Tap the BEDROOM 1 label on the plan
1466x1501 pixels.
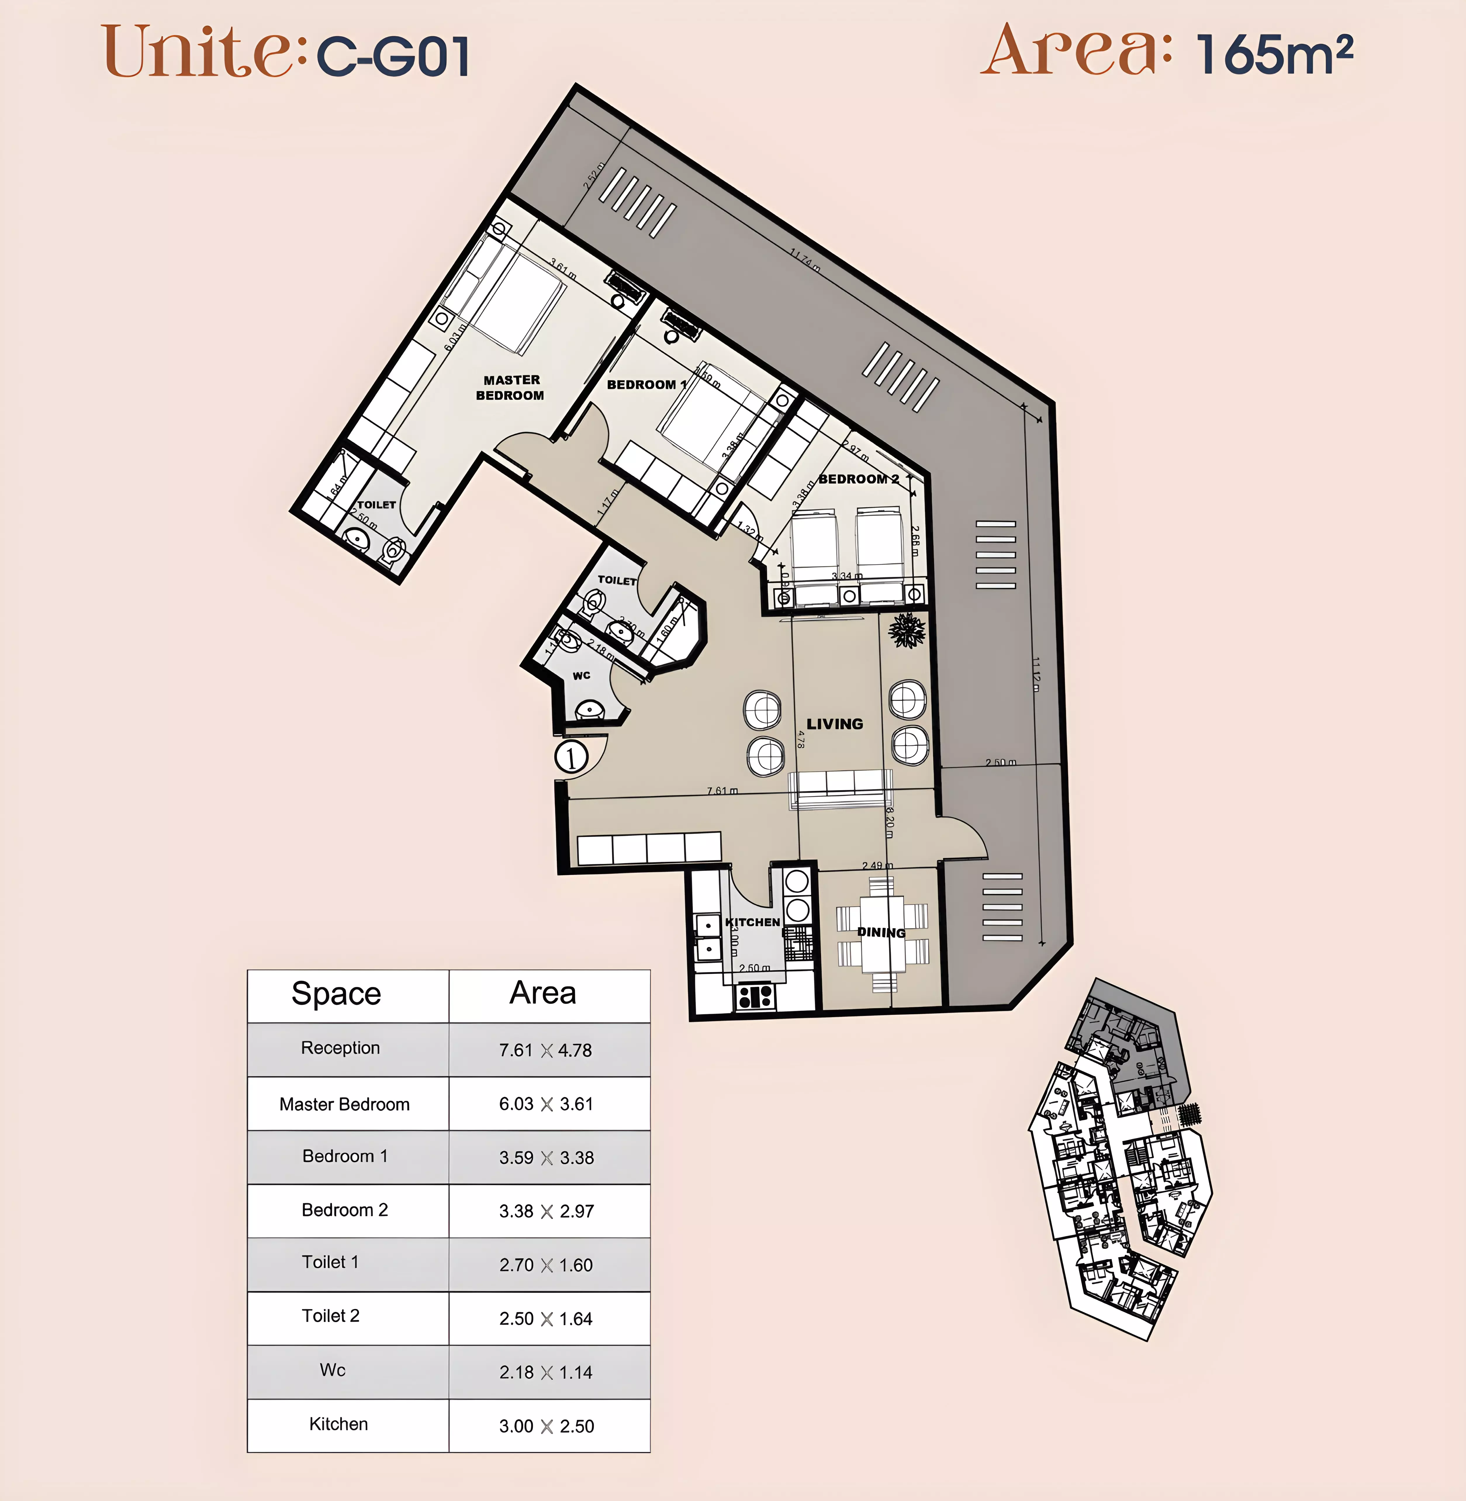(x=645, y=384)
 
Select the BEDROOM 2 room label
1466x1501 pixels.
(x=858, y=479)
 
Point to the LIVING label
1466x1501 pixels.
(x=835, y=724)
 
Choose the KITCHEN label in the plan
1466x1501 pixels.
(x=752, y=922)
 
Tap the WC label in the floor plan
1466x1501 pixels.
(x=581, y=675)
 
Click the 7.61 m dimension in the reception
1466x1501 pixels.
(x=722, y=791)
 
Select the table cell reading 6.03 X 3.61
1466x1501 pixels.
(x=546, y=1104)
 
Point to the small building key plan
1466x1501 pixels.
(x=1120, y=1158)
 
